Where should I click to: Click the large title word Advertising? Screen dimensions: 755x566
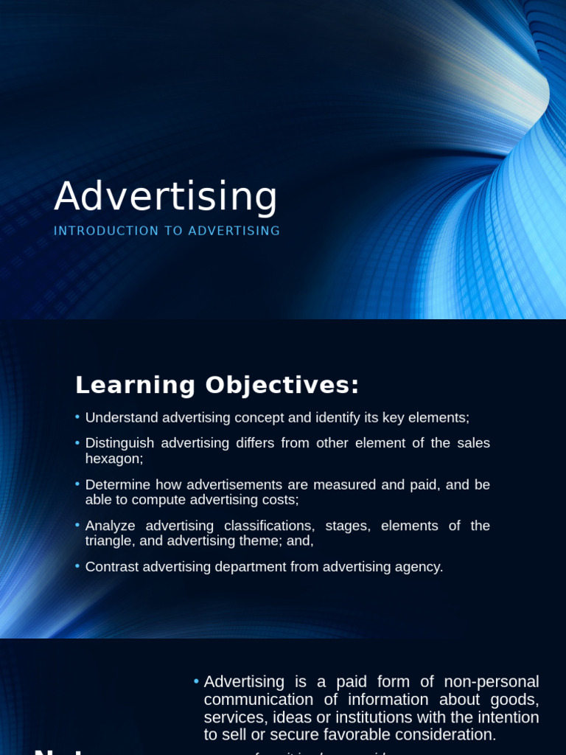(x=166, y=197)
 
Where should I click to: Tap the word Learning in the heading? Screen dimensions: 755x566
(x=136, y=385)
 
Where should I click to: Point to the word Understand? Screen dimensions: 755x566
(x=121, y=417)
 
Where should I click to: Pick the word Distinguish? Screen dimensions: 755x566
(x=119, y=443)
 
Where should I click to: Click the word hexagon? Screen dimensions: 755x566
(x=114, y=458)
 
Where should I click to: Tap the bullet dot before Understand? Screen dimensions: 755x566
(x=77, y=417)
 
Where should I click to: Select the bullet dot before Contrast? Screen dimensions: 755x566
(x=77, y=566)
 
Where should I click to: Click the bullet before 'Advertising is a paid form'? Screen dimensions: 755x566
(x=196, y=681)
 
